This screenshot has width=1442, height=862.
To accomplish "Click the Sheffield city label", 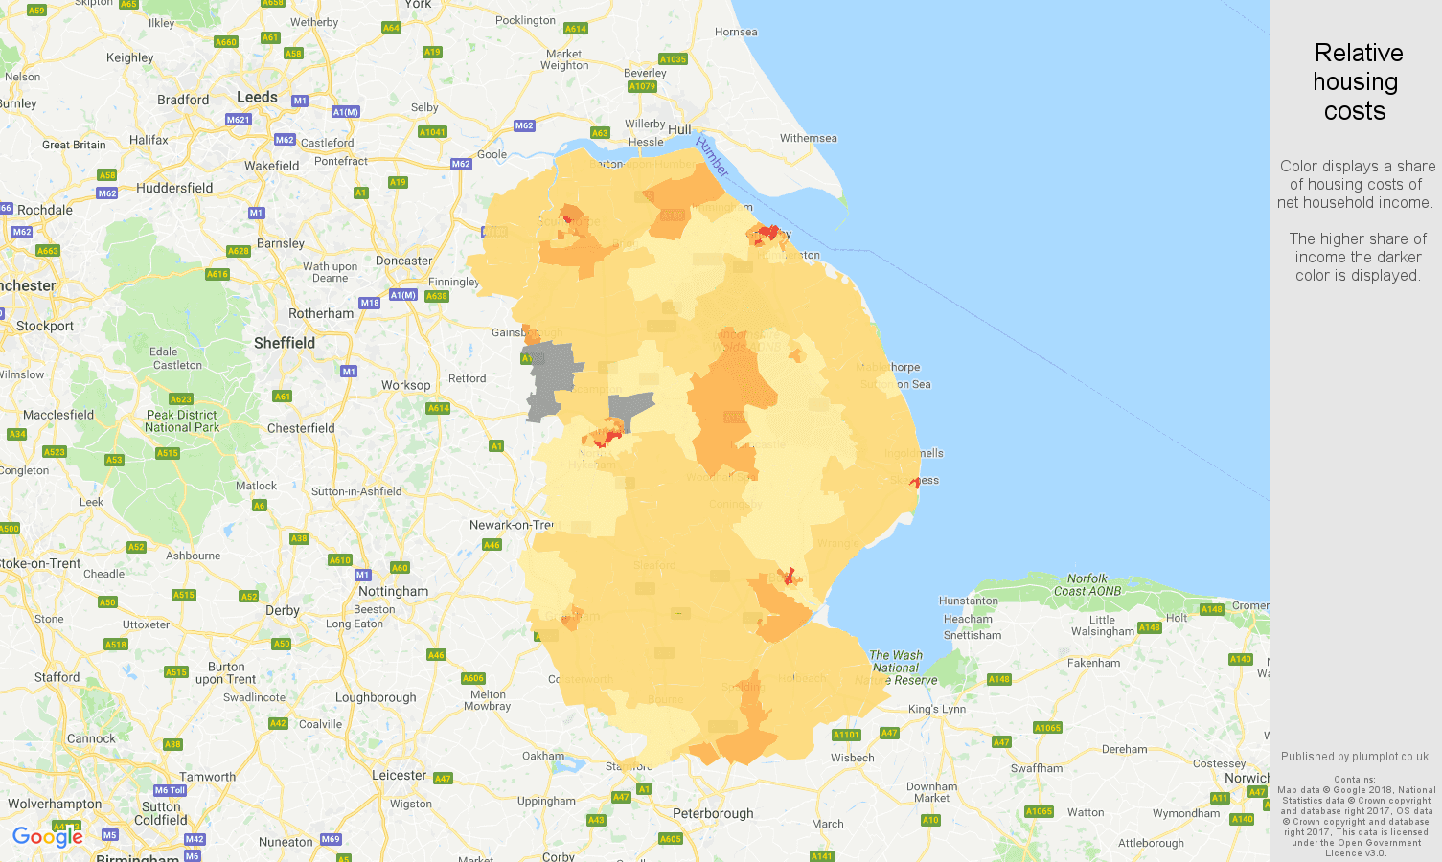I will (x=284, y=343).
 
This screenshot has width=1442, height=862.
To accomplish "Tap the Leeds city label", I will (x=257, y=97).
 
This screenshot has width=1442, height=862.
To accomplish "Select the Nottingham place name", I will (x=393, y=591).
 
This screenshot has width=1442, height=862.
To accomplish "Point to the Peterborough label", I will (x=713, y=813).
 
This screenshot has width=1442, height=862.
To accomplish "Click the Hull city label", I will (x=679, y=129).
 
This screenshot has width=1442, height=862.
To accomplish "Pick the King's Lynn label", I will (x=936, y=709).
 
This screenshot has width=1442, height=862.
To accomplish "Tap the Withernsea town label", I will (x=808, y=138).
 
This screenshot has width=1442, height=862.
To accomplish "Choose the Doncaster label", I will (x=403, y=261).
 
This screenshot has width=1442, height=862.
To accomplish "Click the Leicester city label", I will (x=399, y=775).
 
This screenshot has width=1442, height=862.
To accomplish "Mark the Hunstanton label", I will (x=968, y=601).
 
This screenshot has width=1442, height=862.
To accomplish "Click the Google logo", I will (x=47, y=837).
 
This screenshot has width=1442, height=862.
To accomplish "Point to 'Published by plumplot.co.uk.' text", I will (x=1356, y=757).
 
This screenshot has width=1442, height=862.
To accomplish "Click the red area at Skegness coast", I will (x=916, y=482).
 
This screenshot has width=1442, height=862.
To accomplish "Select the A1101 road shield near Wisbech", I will (x=846, y=735).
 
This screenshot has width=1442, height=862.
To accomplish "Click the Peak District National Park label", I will (x=182, y=421).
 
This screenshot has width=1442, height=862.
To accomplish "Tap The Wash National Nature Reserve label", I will (x=896, y=668).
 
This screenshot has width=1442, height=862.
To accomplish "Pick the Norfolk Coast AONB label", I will (x=1087, y=584).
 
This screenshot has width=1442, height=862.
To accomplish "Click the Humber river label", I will (x=712, y=156).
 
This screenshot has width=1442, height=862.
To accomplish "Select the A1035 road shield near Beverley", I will (x=673, y=59).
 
